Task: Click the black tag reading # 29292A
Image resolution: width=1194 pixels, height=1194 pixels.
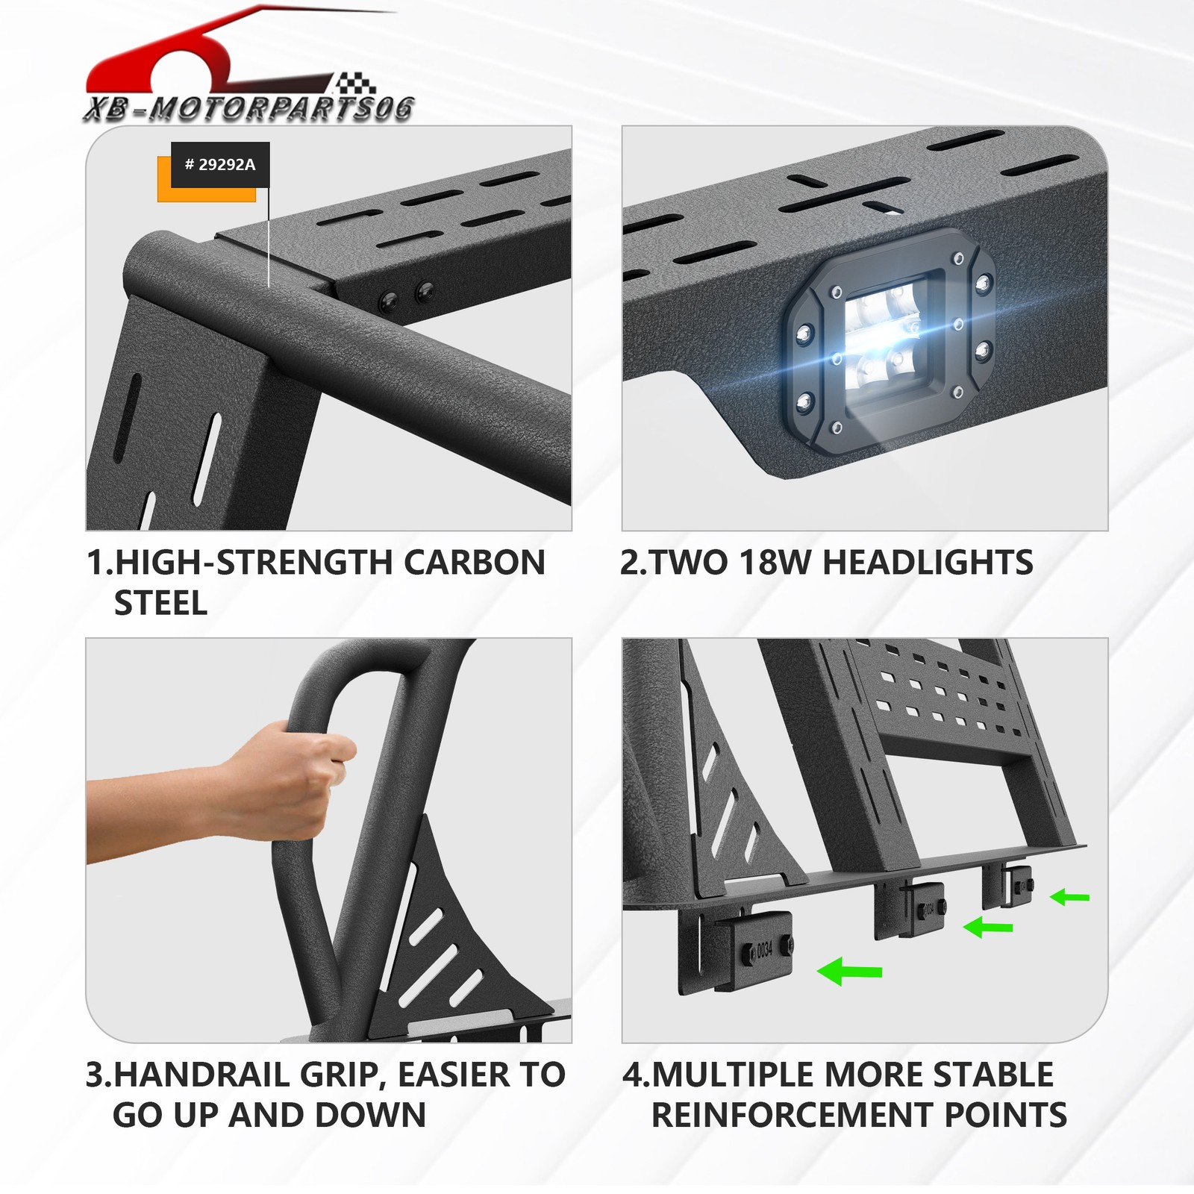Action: click(x=220, y=165)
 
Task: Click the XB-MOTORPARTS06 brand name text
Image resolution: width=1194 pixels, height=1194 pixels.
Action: click(x=248, y=109)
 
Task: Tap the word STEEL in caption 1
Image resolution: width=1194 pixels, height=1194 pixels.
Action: click(x=160, y=603)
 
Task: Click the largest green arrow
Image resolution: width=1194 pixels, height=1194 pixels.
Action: click(x=849, y=971)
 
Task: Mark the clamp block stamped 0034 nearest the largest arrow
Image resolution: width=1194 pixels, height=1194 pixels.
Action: click(x=754, y=951)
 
